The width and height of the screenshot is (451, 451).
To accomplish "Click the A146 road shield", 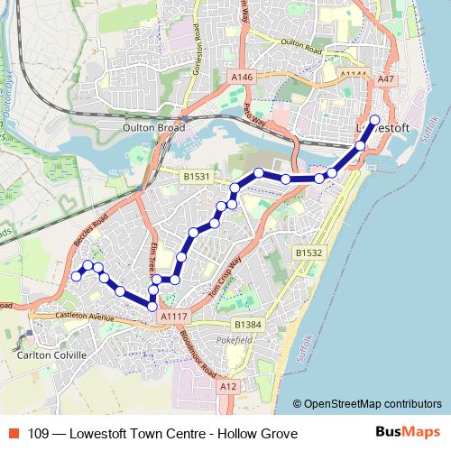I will (x=242, y=78).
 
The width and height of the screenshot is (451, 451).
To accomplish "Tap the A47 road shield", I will (x=387, y=79).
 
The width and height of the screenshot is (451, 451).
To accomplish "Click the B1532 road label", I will (x=309, y=253).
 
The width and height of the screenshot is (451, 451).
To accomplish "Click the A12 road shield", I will (x=228, y=386).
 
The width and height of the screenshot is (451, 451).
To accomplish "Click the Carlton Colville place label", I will (x=51, y=354).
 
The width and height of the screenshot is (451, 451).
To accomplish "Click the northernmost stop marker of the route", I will (x=374, y=120).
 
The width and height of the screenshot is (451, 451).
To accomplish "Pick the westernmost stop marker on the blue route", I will (x=77, y=276).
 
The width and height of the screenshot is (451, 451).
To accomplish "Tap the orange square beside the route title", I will (x=14, y=434).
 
